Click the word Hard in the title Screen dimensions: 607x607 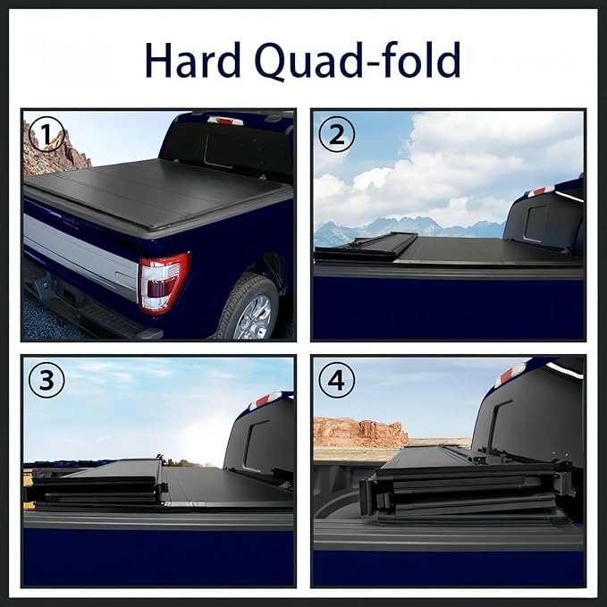click(x=192, y=60)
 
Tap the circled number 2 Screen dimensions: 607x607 click(x=336, y=134)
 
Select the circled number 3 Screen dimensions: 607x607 click(x=46, y=381)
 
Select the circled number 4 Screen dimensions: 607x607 click(x=336, y=381)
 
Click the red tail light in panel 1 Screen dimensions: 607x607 click(x=163, y=282)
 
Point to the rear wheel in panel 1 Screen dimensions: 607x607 click(x=248, y=308)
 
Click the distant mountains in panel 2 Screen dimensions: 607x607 click(x=402, y=228)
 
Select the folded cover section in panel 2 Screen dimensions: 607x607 click(x=367, y=247)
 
